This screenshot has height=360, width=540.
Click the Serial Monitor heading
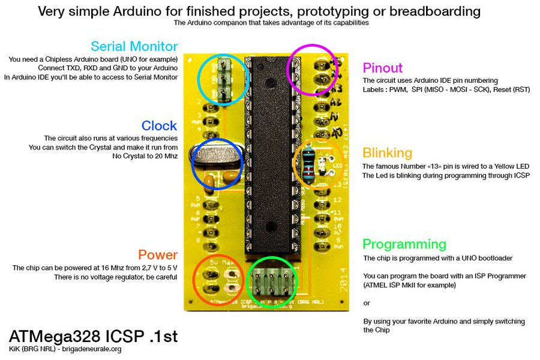(x=134, y=46)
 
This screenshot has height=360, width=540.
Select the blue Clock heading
(x=159, y=125)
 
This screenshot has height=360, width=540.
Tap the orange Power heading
(x=158, y=254)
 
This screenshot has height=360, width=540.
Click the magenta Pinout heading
(x=383, y=68)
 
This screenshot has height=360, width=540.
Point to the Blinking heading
(x=387, y=152)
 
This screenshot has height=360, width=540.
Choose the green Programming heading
(x=404, y=244)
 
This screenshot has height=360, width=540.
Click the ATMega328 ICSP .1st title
(x=93, y=336)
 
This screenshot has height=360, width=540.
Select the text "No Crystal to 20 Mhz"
(x=145, y=156)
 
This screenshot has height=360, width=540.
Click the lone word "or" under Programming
(x=367, y=302)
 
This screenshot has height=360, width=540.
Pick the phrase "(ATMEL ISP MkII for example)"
(x=409, y=285)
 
